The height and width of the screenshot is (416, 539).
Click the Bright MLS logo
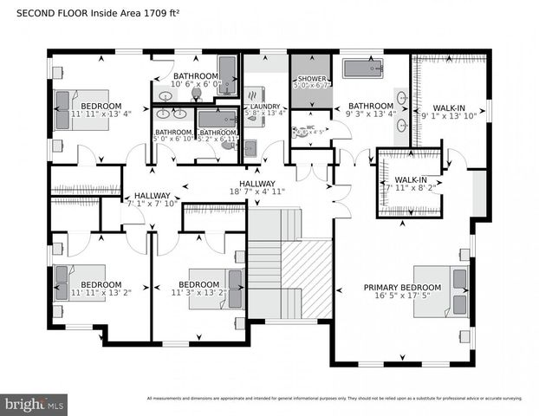(35, 403)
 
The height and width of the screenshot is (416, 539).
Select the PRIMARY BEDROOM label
(402, 287)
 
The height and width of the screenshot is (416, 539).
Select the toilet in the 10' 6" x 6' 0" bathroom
(197, 94)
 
